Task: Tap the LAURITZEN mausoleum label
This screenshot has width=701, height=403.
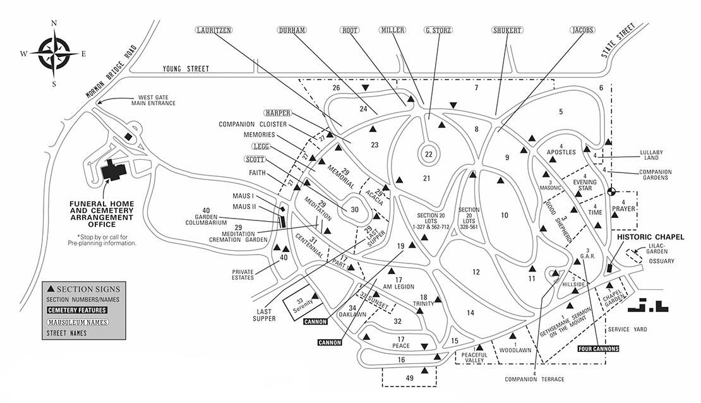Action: coord(213,30)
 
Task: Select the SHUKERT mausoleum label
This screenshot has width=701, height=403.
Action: coord(507,30)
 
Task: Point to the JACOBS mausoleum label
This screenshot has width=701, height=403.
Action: coord(582,30)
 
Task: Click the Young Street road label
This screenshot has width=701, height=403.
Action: coord(186,68)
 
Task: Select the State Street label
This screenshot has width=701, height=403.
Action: coord(618,40)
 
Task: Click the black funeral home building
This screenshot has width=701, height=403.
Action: coord(114,170)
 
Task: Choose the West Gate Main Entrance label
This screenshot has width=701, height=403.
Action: coord(153,100)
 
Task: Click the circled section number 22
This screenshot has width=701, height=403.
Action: coord(429,154)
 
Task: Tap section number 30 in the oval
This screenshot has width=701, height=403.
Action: coord(354,209)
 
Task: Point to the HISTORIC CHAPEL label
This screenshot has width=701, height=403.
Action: coord(650,237)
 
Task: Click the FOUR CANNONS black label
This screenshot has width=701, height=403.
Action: coord(598,349)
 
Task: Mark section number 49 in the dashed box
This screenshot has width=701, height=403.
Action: coord(409,378)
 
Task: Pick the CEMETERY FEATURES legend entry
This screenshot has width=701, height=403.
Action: coord(77,310)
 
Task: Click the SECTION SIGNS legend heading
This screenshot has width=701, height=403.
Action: coord(83,289)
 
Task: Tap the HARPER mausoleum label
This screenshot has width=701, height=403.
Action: coord(278,112)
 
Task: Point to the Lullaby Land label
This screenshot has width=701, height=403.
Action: coord(651,155)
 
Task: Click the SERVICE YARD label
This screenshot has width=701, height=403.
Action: coord(627,330)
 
